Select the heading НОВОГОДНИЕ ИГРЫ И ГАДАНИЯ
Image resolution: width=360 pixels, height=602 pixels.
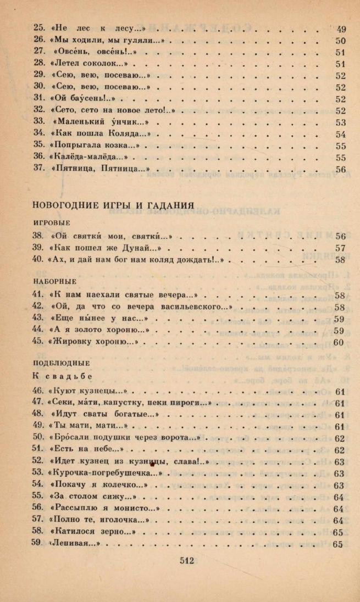point(113,205)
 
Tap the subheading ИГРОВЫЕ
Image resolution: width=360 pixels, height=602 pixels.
point(52,223)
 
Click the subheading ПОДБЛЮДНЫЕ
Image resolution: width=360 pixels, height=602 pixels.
point(61,363)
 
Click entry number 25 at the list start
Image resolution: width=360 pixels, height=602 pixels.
point(38,29)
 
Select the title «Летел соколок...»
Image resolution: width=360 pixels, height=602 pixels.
point(92,64)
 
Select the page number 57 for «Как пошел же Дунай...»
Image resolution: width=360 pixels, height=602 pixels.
point(340,248)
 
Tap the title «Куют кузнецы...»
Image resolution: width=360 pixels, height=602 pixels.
point(88,392)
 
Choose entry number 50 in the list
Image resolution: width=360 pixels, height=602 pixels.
point(38,438)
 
